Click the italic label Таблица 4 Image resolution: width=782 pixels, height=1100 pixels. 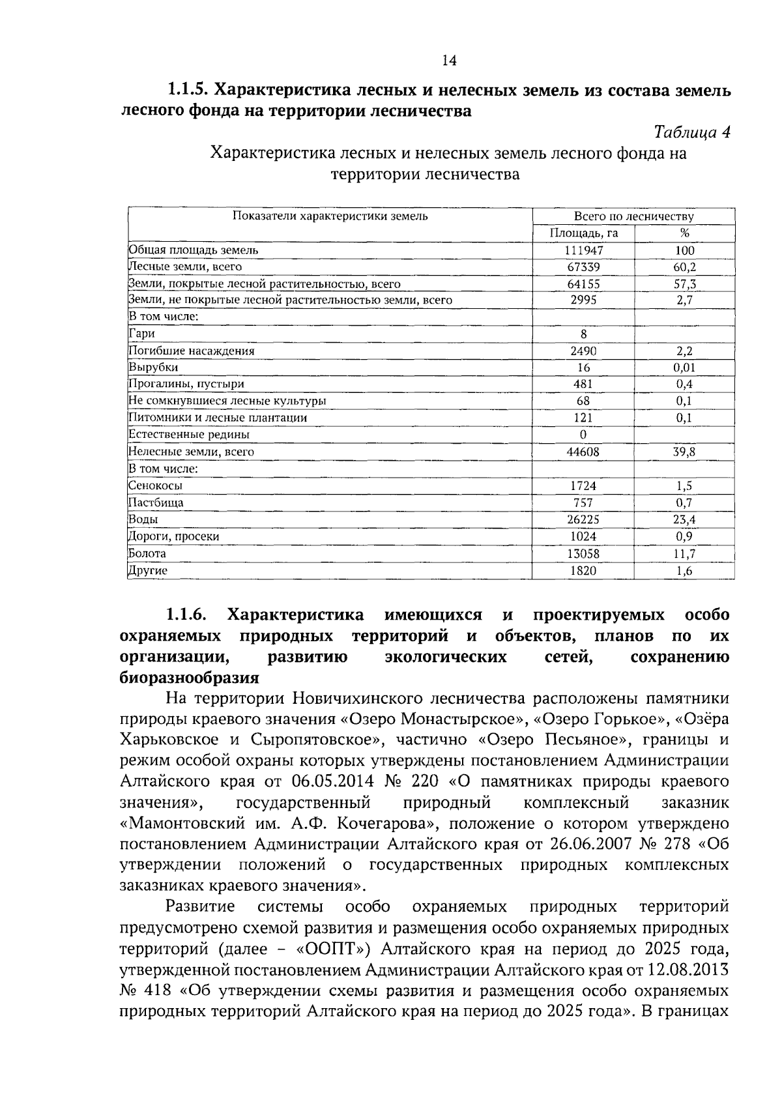click(691, 132)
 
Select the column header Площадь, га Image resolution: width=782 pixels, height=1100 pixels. click(583, 233)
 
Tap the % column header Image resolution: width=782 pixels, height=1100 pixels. click(684, 233)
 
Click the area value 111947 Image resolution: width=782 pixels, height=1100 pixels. click(583, 250)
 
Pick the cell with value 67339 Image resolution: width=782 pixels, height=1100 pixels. click(583, 267)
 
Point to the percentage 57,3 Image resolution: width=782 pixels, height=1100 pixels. click(684, 284)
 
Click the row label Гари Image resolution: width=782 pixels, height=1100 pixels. click(141, 334)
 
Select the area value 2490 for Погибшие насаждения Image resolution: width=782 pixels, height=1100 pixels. click(583, 351)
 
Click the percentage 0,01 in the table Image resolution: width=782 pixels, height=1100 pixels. click(684, 368)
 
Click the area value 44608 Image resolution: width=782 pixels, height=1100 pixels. click(583, 452)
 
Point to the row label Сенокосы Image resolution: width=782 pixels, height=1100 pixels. click(155, 485)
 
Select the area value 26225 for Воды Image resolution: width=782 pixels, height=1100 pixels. click(583, 519)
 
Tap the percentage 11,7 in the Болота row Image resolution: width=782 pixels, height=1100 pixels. click(684, 553)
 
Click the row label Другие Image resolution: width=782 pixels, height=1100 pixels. click(148, 571)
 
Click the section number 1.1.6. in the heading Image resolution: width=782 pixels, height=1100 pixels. click(186, 615)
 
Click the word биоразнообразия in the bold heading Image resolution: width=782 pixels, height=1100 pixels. click(190, 678)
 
